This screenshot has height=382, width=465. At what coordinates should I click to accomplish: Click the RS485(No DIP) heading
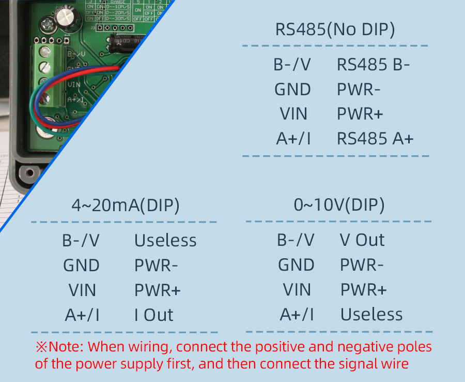pyautogui.click(x=335, y=30)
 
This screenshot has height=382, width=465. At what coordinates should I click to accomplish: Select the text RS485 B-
pyautogui.click(x=373, y=65)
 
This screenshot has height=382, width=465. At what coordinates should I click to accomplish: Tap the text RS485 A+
pyautogui.click(x=375, y=139)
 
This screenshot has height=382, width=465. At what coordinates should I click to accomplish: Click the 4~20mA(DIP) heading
pyautogui.click(x=126, y=205)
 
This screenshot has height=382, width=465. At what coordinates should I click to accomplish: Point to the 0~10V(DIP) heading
pyautogui.click(x=339, y=205)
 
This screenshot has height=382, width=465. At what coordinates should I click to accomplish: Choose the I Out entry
pyautogui.click(x=153, y=315)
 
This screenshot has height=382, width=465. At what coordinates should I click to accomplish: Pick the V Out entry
pyautogui.click(x=362, y=240)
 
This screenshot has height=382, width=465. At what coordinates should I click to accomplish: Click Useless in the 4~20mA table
pyautogui.click(x=165, y=241)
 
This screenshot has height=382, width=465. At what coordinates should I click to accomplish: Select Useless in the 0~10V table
pyautogui.click(x=371, y=314)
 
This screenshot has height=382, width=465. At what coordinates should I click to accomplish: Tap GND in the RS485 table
pyautogui.click(x=292, y=90)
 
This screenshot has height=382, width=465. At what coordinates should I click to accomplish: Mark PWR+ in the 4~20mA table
pyautogui.click(x=158, y=290)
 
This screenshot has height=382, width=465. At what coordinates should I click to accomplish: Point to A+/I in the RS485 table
pyautogui.click(x=293, y=139)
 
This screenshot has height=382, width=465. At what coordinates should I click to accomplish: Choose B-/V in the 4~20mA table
pyautogui.click(x=81, y=241)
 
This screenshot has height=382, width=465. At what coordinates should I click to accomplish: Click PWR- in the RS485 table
pyautogui.click(x=359, y=90)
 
